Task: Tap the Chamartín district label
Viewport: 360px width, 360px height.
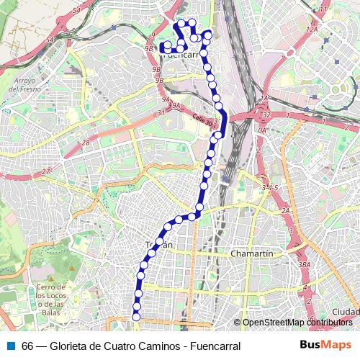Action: coord(252,253)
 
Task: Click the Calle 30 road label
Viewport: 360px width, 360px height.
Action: coord(202,122)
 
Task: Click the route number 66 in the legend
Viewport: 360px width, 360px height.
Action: coord(27,346)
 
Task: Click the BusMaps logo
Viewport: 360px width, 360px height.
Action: coord(325,345)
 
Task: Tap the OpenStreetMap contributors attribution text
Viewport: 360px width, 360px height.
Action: coord(297,323)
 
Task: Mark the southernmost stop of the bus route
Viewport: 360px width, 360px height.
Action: coord(136,316)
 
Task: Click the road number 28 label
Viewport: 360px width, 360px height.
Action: coord(86,143)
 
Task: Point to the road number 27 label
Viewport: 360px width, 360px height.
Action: coord(46,171)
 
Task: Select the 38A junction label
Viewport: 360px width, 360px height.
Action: coord(305,265)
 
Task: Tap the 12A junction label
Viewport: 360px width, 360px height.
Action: coord(312,29)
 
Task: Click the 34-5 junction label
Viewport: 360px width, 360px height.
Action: coord(269,187)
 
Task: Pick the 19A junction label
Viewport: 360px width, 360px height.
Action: coord(175,105)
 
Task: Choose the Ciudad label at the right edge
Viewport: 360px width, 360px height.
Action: coord(346,311)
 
